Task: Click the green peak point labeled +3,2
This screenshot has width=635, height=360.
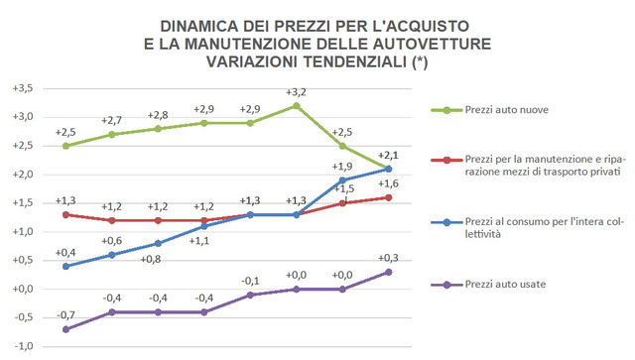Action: pos(296,105)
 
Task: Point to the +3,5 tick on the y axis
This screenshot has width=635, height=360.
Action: pos(22,88)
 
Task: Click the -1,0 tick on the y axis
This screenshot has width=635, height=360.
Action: pos(22,346)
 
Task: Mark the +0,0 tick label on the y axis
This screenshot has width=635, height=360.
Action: pos(22,289)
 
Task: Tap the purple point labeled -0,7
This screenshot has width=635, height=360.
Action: pos(65,329)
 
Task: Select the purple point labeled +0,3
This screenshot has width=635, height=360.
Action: pos(388,272)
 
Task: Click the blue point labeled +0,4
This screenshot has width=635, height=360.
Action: pos(65,266)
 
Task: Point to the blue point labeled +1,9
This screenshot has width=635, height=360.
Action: pos(342,180)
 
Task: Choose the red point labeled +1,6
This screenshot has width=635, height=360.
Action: pos(388,197)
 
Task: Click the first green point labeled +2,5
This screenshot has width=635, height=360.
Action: pos(65,146)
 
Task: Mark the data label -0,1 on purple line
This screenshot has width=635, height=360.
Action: pos(250,281)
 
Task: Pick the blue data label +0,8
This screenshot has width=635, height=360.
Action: pos(157,260)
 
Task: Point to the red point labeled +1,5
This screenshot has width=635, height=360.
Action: pos(342,203)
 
